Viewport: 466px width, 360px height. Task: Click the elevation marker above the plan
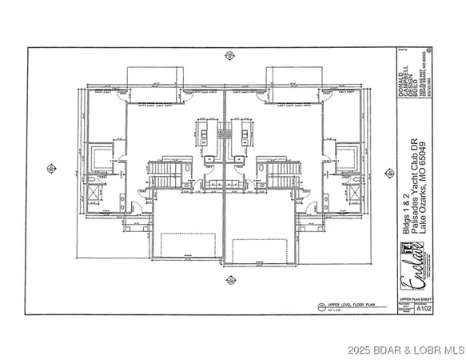pos(230,55)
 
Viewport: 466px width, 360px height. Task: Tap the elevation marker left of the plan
pos(51,170)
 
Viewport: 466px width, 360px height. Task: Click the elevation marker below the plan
pos(230,280)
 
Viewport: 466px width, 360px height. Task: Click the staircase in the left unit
pos(164,174)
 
